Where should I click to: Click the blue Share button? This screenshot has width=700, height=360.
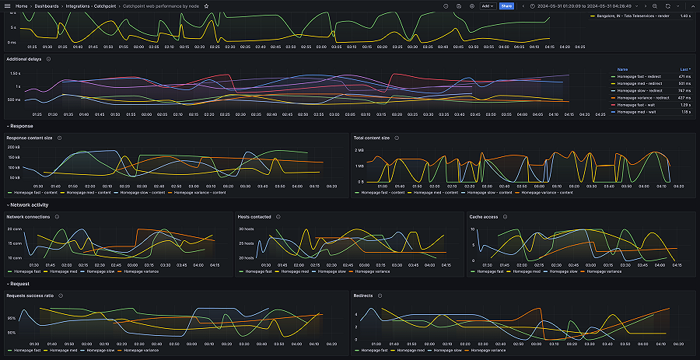[x=506, y=5]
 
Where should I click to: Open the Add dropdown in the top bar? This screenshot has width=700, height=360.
[x=487, y=5]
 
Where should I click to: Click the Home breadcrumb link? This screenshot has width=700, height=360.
[x=21, y=5]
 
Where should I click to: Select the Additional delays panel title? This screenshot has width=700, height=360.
[x=24, y=59]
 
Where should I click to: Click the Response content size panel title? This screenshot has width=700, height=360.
[x=30, y=138]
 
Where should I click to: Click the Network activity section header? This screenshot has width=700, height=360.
[x=29, y=204]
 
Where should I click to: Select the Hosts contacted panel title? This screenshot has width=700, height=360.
[x=254, y=217]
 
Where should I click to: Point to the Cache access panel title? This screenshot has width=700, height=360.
[x=485, y=217]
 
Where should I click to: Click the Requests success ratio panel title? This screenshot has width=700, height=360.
[x=30, y=296]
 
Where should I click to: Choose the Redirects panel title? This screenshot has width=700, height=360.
[x=363, y=296]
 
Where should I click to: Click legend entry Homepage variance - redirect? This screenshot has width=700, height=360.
[x=643, y=98]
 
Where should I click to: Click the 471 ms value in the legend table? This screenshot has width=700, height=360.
[x=684, y=77]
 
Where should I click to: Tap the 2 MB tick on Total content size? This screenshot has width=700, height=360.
[x=359, y=149]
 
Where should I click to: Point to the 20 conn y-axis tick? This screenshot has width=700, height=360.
[x=15, y=229]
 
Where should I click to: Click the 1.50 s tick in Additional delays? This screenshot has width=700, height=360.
[x=15, y=73]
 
